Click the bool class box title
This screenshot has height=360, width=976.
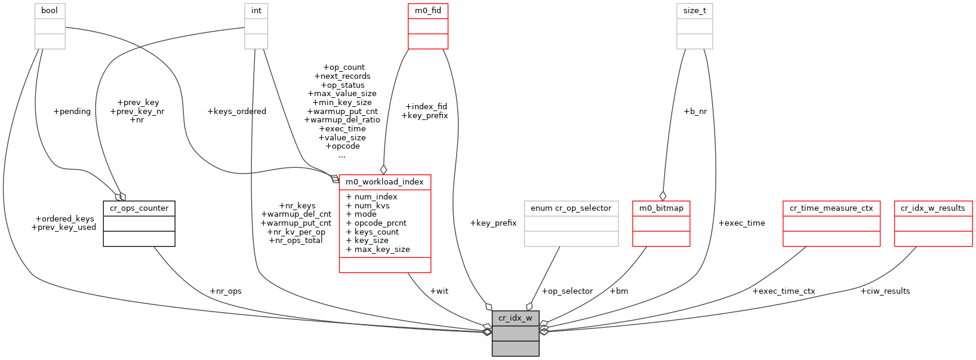click(x=50, y=11)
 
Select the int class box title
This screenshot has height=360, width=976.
click(x=256, y=11)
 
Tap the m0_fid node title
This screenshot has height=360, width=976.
click(x=428, y=11)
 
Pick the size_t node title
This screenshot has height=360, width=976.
click(x=694, y=11)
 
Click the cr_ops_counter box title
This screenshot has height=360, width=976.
click(x=139, y=208)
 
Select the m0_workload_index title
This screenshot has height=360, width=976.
click(x=384, y=182)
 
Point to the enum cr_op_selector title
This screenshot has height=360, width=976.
click(x=571, y=208)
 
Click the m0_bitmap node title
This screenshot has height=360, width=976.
click(x=661, y=208)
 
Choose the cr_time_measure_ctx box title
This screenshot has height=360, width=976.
click(x=831, y=208)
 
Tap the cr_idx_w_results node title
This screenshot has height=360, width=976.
click(x=932, y=208)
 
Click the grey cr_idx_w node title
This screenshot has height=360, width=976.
click(x=515, y=318)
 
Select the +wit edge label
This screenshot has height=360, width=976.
click(x=439, y=291)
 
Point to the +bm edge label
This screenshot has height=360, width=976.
click(x=618, y=291)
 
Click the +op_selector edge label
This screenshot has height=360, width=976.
click(x=567, y=291)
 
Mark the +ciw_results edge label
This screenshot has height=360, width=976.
click(x=885, y=291)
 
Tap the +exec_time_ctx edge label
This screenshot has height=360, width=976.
click(x=783, y=291)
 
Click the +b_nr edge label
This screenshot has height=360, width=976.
click(x=695, y=112)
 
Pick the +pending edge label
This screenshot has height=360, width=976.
click(x=72, y=112)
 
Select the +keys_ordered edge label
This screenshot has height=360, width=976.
click(x=236, y=112)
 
